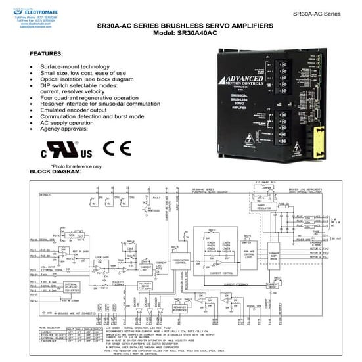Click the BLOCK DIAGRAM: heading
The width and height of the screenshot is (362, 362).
pyautogui.click(x=57, y=172)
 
